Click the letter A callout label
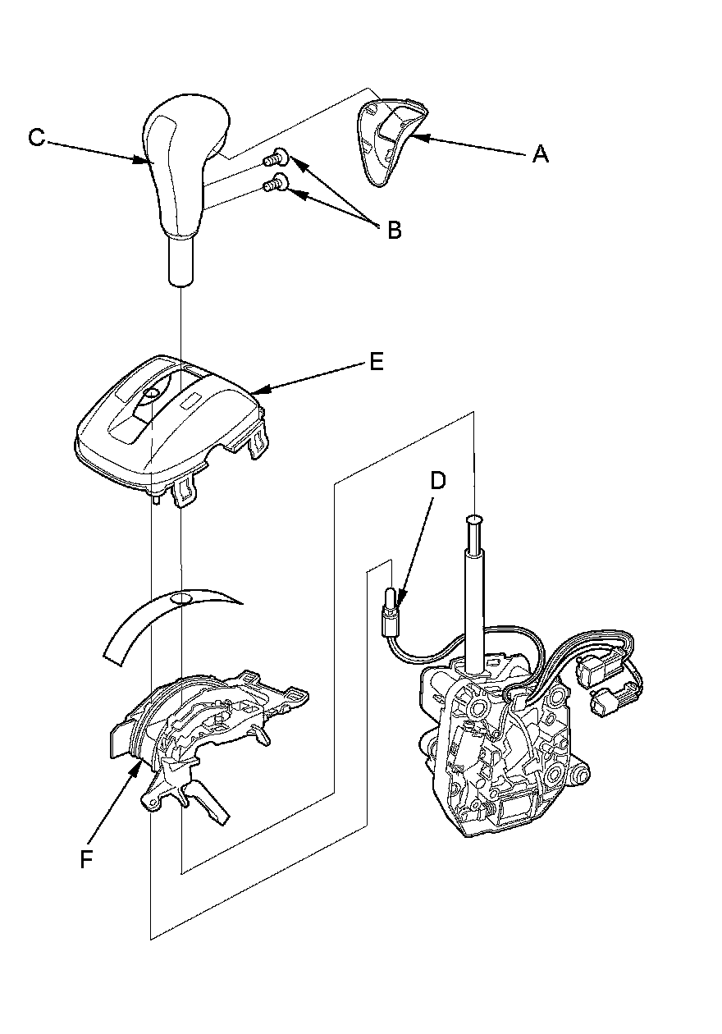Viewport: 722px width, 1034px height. [x=539, y=153]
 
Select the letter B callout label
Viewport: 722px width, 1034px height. [x=394, y=231]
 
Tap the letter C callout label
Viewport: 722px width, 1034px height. [x=36, y=137]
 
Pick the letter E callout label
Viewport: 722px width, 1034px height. [x=377, y=362]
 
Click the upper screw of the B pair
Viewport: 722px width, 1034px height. [x=279, y=156]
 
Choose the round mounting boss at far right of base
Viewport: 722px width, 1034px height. [x=581, y=772]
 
